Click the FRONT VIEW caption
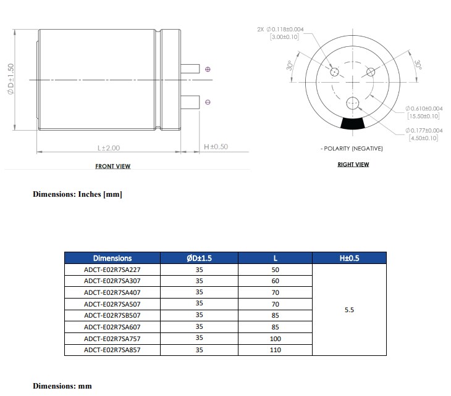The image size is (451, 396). tap(112, 166)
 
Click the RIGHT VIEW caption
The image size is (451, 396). tap(353, 164)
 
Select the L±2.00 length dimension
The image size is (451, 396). tap(108, 147)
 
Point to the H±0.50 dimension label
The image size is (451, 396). tap(216, 147)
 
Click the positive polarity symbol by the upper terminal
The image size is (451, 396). tap(208, 69)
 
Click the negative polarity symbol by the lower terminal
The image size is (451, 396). tap(208, 102)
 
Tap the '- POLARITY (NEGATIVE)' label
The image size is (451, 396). tap(352, 149)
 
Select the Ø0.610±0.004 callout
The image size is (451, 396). tap(424, 109)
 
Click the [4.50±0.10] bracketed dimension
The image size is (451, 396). tap(423, 138)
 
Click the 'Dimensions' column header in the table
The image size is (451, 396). tap(112, 258)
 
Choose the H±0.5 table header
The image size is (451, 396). tap(349, 258)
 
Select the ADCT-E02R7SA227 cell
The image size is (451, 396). tap(112, 270)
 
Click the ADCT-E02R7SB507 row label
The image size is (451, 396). tap(112, 315)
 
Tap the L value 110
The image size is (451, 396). tap(275, 350)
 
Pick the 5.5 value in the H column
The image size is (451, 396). tap(349, 310)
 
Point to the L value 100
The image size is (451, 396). tap(275, 339)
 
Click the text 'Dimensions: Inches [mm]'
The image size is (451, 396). tap(77, 194)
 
